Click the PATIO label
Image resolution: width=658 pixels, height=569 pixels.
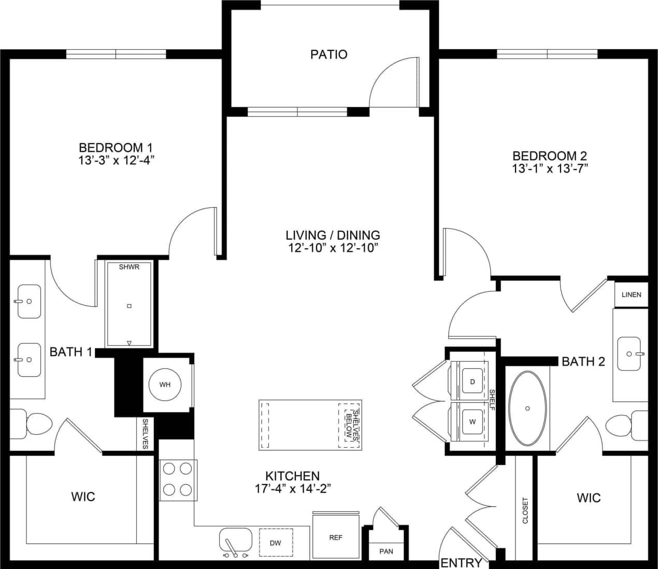[328, 54]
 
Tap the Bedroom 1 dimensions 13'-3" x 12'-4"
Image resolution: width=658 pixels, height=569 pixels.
[117, 161]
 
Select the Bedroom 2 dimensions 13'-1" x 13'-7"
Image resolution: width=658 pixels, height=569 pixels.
[550, 168]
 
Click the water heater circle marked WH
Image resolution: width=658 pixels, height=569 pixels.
[164, 385]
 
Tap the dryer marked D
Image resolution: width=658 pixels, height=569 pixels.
[472, 382]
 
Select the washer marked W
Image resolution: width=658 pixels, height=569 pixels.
[472, 422]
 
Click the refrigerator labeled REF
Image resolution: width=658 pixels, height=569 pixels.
[335, 537]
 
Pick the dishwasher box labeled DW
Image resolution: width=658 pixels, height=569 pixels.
[275, 543]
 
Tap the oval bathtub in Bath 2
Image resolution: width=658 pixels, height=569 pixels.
[527, 408]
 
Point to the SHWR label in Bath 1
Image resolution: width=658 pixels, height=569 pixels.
[129, 267]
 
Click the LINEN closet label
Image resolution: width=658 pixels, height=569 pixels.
[631, 294]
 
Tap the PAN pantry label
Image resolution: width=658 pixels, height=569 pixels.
[386, 551]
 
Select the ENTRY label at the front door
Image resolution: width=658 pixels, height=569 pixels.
[461, 563]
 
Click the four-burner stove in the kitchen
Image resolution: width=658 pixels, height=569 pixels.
[178, 479]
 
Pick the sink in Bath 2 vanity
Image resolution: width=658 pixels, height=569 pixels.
[631, 354]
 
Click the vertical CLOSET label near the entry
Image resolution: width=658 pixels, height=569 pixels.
[525, 510]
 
